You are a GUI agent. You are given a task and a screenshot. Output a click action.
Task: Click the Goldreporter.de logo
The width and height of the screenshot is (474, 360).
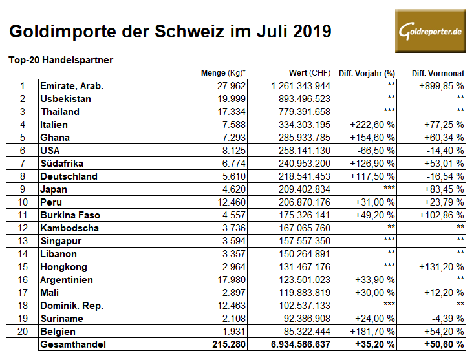click(430, 31)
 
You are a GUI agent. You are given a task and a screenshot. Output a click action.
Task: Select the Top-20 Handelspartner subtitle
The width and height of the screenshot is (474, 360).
click(61, 60)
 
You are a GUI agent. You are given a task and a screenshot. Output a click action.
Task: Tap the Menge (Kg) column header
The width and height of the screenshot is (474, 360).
click(224, 73)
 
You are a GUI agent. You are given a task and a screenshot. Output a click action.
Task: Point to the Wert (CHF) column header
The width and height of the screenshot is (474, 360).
click(309, 73)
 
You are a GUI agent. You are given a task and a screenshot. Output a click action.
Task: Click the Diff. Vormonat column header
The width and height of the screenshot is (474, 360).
click(438, 73)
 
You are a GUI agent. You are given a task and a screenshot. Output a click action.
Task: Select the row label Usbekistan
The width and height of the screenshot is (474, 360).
click(65, 99)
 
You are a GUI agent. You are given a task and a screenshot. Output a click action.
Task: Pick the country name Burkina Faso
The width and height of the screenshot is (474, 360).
click(69, 215)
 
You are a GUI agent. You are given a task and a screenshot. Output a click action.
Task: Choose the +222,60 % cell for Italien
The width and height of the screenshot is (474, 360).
click(372, 125)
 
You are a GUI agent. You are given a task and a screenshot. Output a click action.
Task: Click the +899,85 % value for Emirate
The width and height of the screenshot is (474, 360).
click(442, 86)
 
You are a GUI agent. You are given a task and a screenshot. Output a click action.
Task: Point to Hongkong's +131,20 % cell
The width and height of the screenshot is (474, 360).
click(442, 267)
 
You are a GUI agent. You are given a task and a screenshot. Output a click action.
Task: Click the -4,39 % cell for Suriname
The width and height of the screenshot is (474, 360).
click(445, 319)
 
